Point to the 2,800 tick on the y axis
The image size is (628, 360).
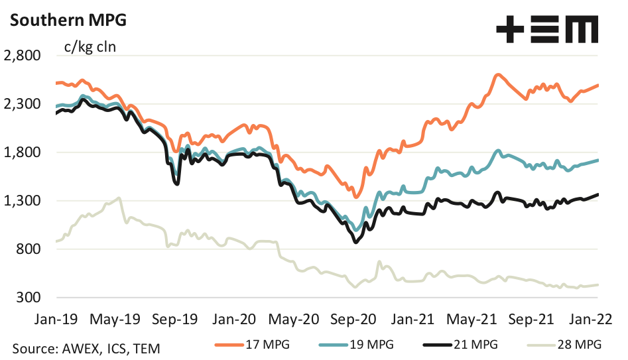coord(23,56)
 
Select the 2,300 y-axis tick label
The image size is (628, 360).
coord(23,104)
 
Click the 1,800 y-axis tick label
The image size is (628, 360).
coord(23,152)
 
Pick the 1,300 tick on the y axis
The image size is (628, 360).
coord(23,201)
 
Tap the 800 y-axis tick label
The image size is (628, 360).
coord(29,249)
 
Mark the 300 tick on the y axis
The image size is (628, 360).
coord(29,298)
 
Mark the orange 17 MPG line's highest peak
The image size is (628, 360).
coord(497,75)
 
